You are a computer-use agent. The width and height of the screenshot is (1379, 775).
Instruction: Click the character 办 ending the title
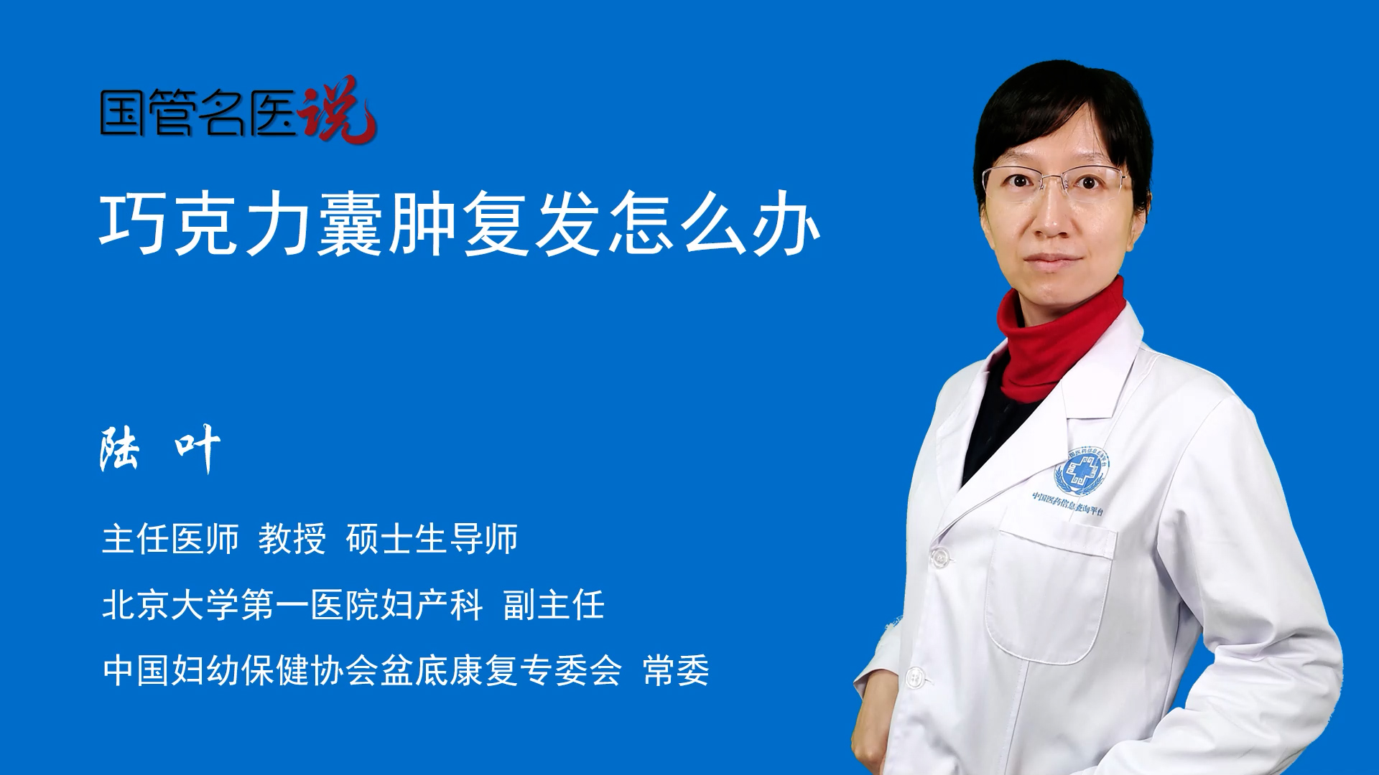point(786,222)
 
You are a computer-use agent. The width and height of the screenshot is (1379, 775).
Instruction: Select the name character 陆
point(119,448)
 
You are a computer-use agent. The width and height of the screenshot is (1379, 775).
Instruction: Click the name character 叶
point(198,448)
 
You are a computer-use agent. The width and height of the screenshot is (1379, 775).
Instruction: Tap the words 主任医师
point(170,539)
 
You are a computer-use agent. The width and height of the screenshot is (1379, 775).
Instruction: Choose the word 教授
point(292,539)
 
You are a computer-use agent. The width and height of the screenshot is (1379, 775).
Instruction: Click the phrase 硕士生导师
point(432,539)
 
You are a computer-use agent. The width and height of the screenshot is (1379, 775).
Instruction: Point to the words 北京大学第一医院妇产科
point(292,604)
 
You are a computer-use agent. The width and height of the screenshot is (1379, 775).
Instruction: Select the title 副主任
point(554,604)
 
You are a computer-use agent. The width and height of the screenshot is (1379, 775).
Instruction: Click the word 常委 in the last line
point(676,670)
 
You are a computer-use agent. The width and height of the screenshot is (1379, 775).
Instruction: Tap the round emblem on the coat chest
point(1081,471)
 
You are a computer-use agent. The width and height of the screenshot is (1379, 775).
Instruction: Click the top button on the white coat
point(939,555)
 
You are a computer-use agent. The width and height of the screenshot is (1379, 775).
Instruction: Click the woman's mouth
point(1050,260)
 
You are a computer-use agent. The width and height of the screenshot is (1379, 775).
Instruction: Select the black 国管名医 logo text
point(198,113)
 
